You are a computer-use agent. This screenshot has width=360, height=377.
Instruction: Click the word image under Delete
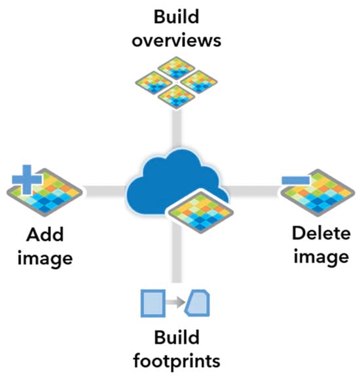tap(320, 257)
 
